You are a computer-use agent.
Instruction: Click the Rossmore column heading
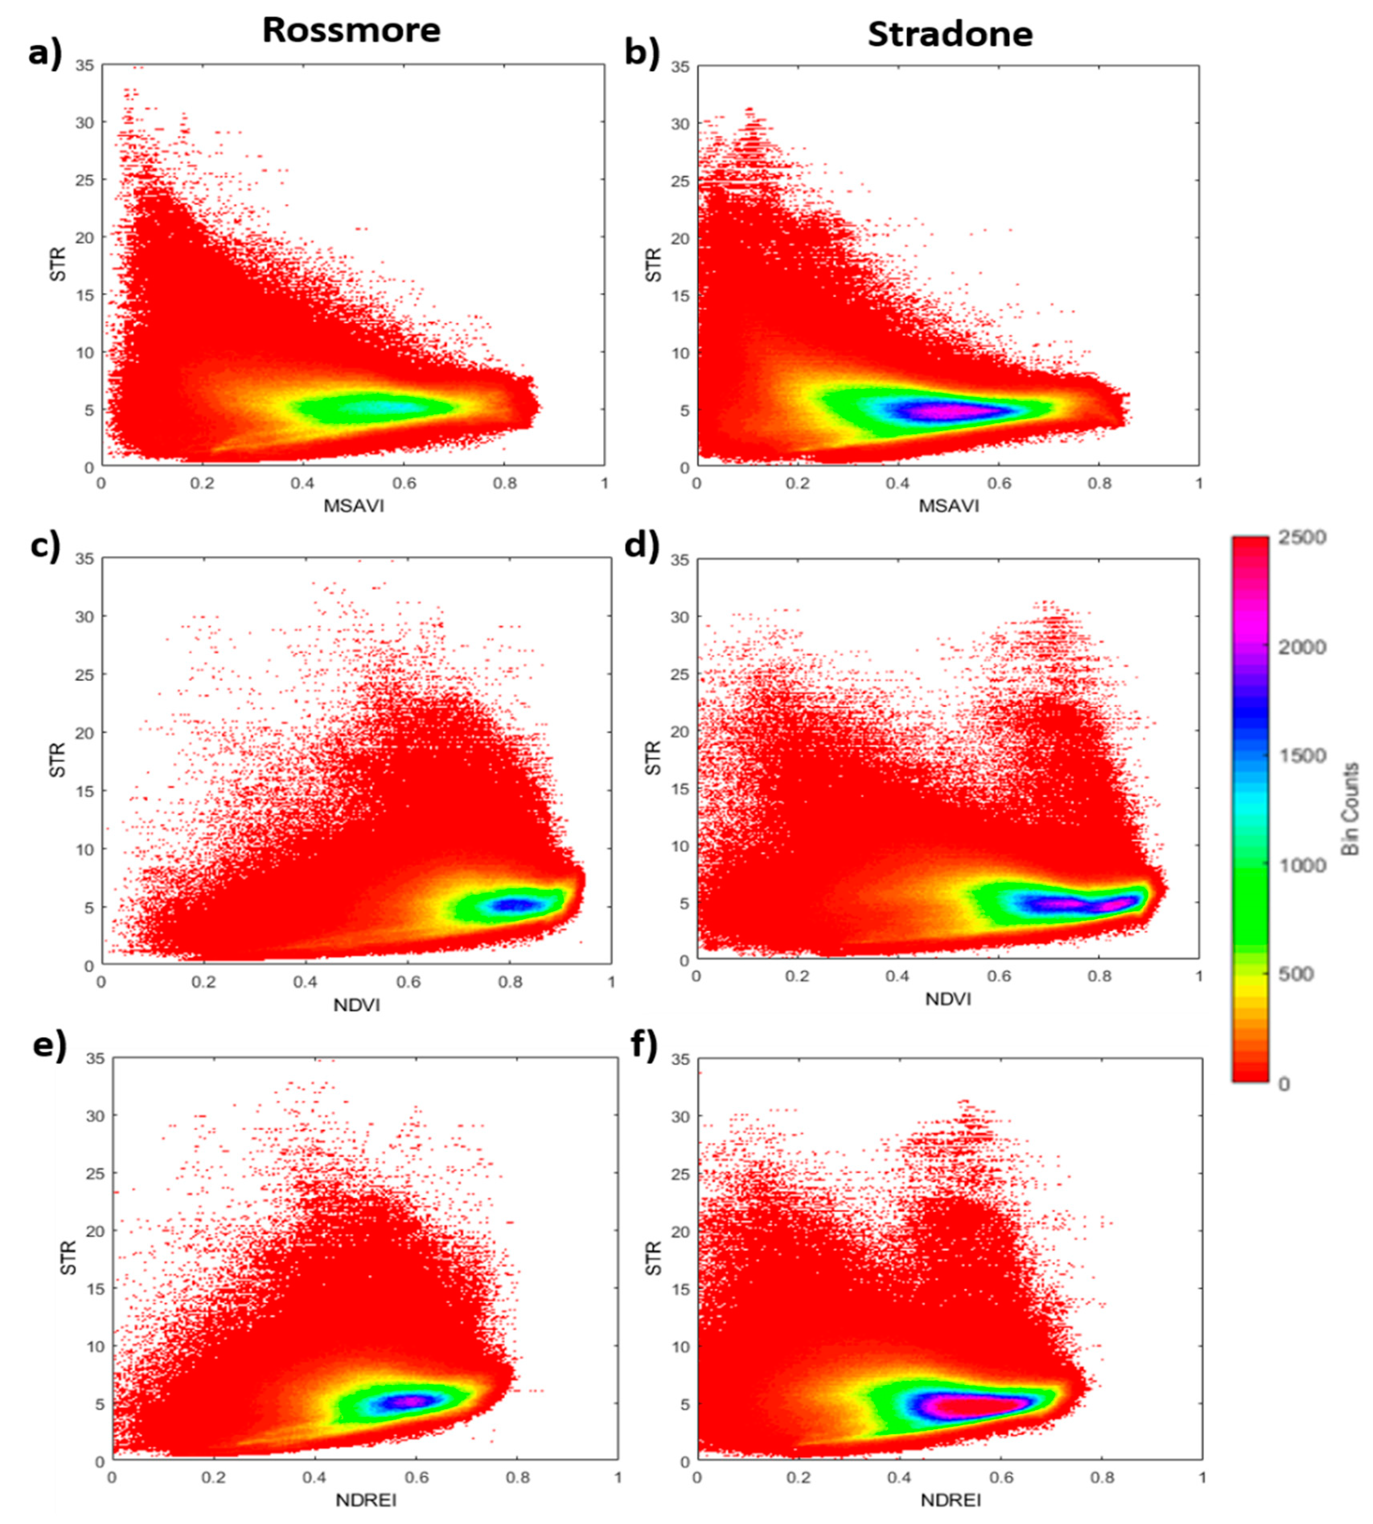pyautogui.click(x=351, y=30)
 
